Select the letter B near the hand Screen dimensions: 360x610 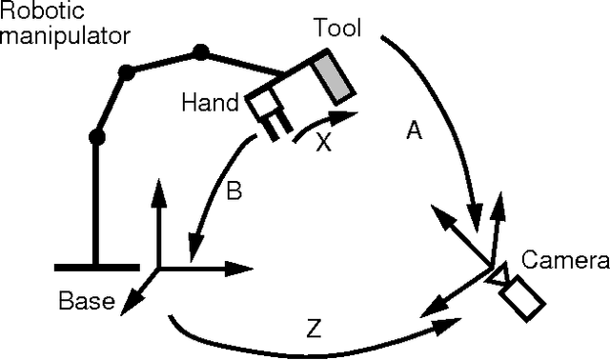pos(234,190)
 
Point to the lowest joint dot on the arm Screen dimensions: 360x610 pos(95,137)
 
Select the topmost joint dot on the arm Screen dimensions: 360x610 pos(200,50)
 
